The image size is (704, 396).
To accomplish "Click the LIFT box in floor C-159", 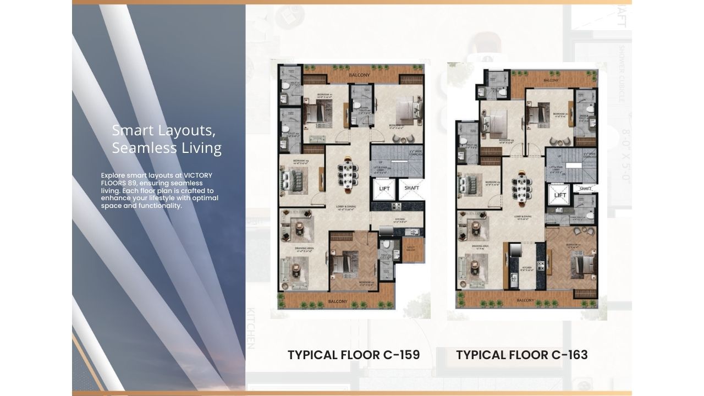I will tap(384, 189).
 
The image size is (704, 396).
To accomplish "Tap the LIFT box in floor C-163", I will tap(560, 196).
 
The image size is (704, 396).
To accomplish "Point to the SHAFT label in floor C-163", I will tap(585, 189).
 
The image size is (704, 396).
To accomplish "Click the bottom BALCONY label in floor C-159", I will tap(338, 301).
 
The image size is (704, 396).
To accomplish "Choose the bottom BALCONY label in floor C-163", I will tap(525, 301).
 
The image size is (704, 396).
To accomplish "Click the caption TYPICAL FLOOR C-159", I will tap(354, 355).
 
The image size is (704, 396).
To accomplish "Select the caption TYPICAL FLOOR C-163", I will tap(522, 355).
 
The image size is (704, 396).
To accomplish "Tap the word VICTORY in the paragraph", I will tap(198, 175).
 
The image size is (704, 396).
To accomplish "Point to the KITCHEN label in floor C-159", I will tap(399, 219).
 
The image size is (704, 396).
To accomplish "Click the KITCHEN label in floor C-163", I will tap(526, 269).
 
